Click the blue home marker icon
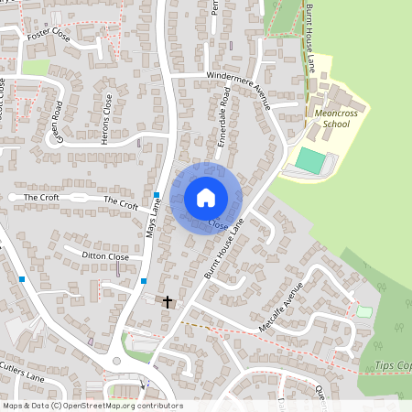coord(206,197)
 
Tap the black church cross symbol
coord(167,300)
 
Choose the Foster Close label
coord(49,37)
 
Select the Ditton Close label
coord(106,257)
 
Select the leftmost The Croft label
coord(41,197)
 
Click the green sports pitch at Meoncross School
coord(310,161)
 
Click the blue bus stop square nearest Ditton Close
coord(144,281)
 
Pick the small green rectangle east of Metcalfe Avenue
coord(364,311)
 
